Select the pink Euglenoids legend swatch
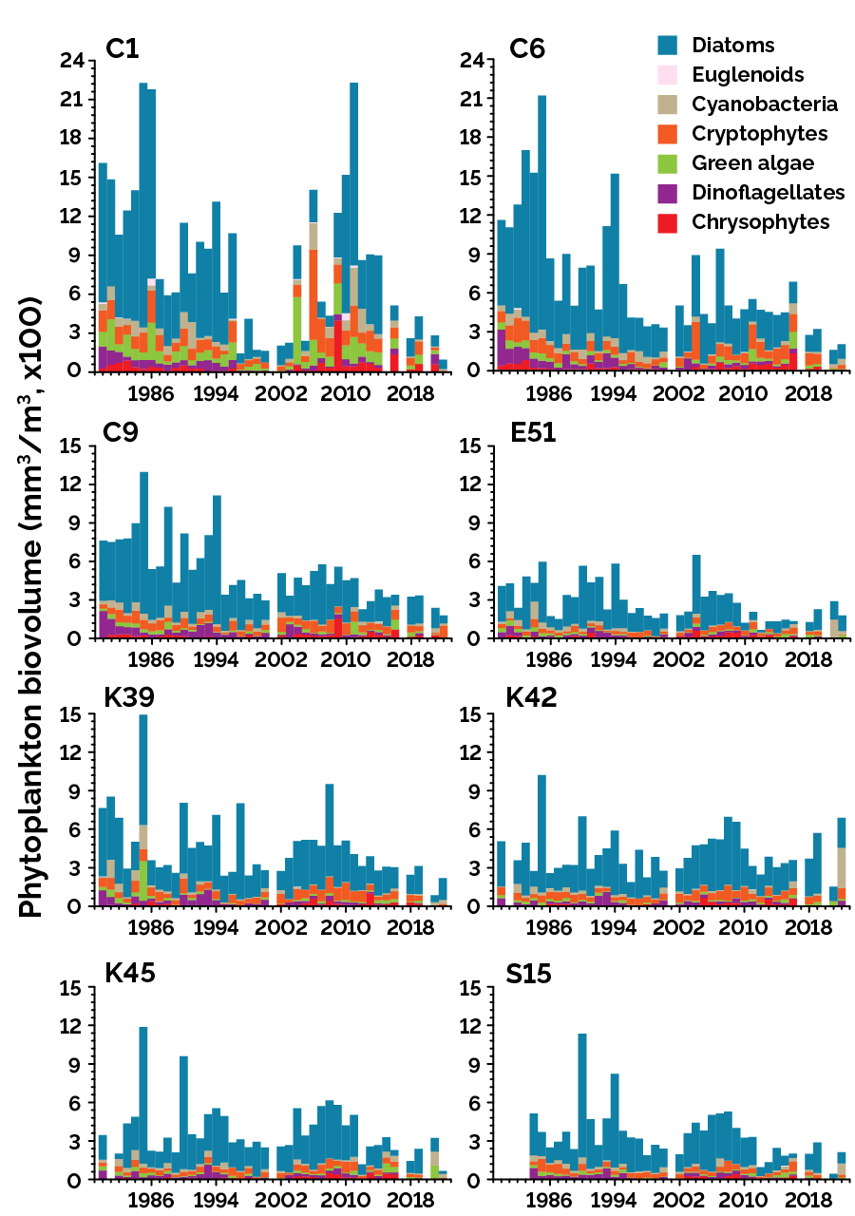pyautogui.click(x=668, y=74)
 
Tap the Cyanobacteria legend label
pyautogui.click(x=765, y=104)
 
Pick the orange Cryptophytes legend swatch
pyautogui.click(x=668, y=133)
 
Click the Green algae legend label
pyautogui.click(x=752, y=162)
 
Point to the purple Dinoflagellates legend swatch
pyautogui.click(x=668, y=192)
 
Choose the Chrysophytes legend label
pyautogui.click(x=760, y=221)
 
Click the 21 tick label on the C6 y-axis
pyautogui.click(x=472, y=100)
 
